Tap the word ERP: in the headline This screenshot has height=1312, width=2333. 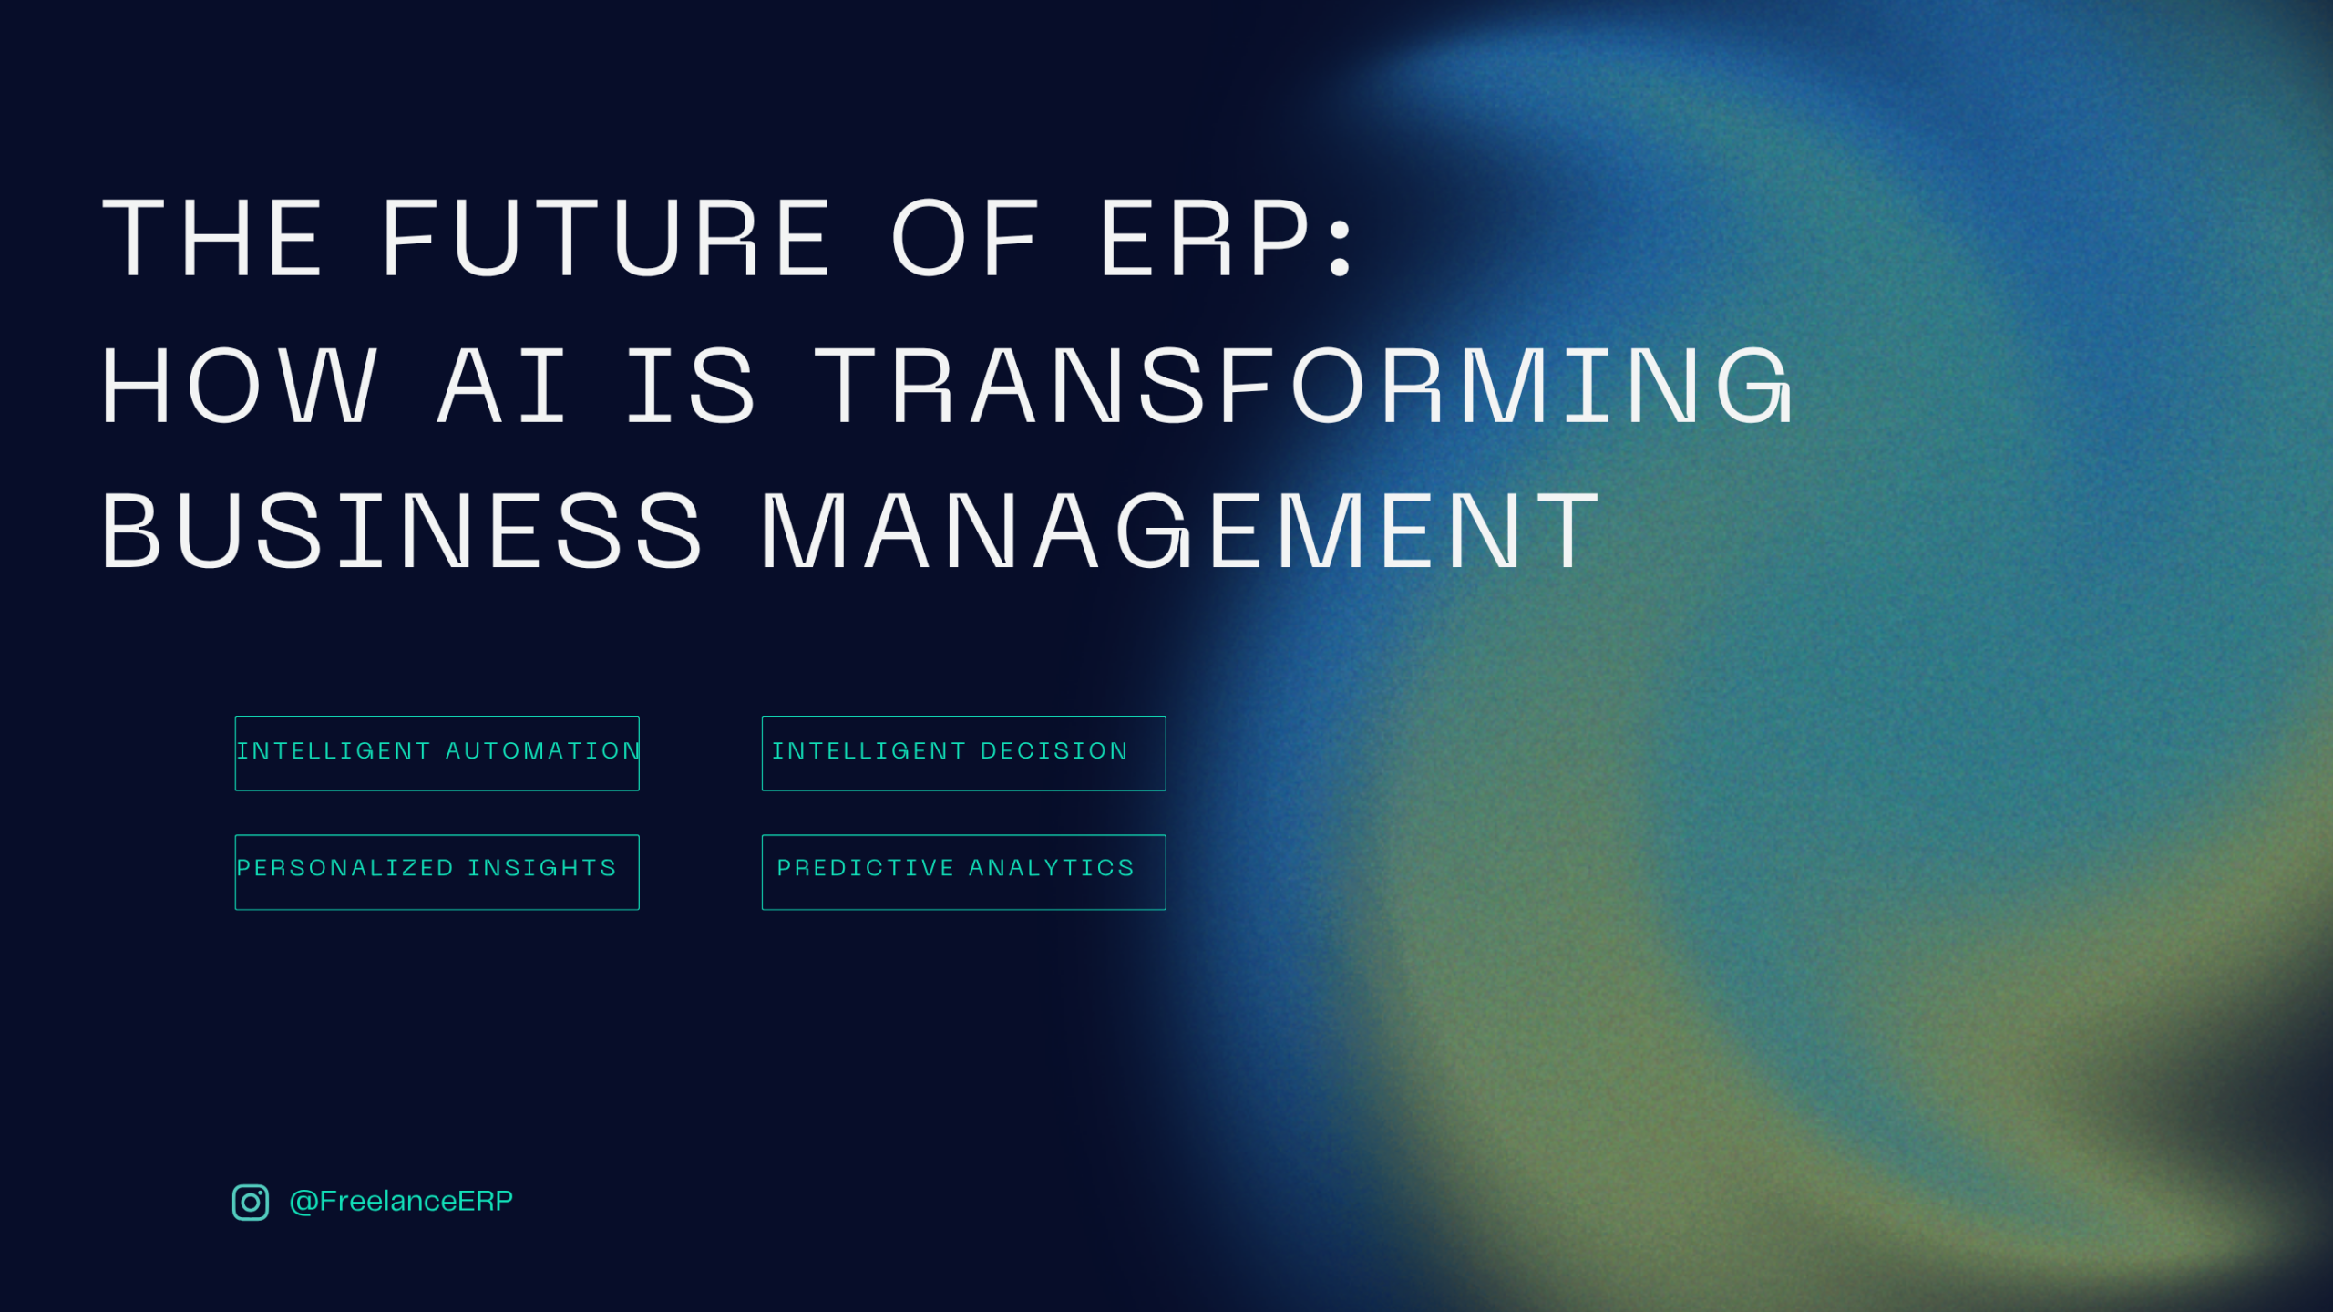[x=1227, y=238]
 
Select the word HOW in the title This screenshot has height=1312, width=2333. [x=239, y=386]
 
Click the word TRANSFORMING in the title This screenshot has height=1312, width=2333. [x=1304, y=386]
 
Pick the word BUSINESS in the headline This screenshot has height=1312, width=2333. [x=402, y=532]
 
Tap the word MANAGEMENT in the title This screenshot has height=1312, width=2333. [x=1180, y=532]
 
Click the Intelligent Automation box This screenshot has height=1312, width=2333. [x=437, y=753]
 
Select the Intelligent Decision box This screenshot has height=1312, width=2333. [x=963, y=753]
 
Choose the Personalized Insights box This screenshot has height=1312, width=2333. [x=437, y=872]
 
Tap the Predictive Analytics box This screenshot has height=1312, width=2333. [x=963, y=872]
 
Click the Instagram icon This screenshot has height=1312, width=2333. [x=251, y=1202]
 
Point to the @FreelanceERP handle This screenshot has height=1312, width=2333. [x=401, y=1201]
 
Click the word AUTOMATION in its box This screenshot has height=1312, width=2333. [x=543, y=750]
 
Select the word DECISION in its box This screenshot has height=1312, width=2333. [x=1054, y=750]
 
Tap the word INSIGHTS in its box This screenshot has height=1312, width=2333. [x=542, y=867]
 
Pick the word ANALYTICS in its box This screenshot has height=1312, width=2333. [x=1052, y=867]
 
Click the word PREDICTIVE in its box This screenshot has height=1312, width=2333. [x=865, y=867]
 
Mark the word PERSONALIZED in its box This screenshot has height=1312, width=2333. [x=344, y=867]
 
